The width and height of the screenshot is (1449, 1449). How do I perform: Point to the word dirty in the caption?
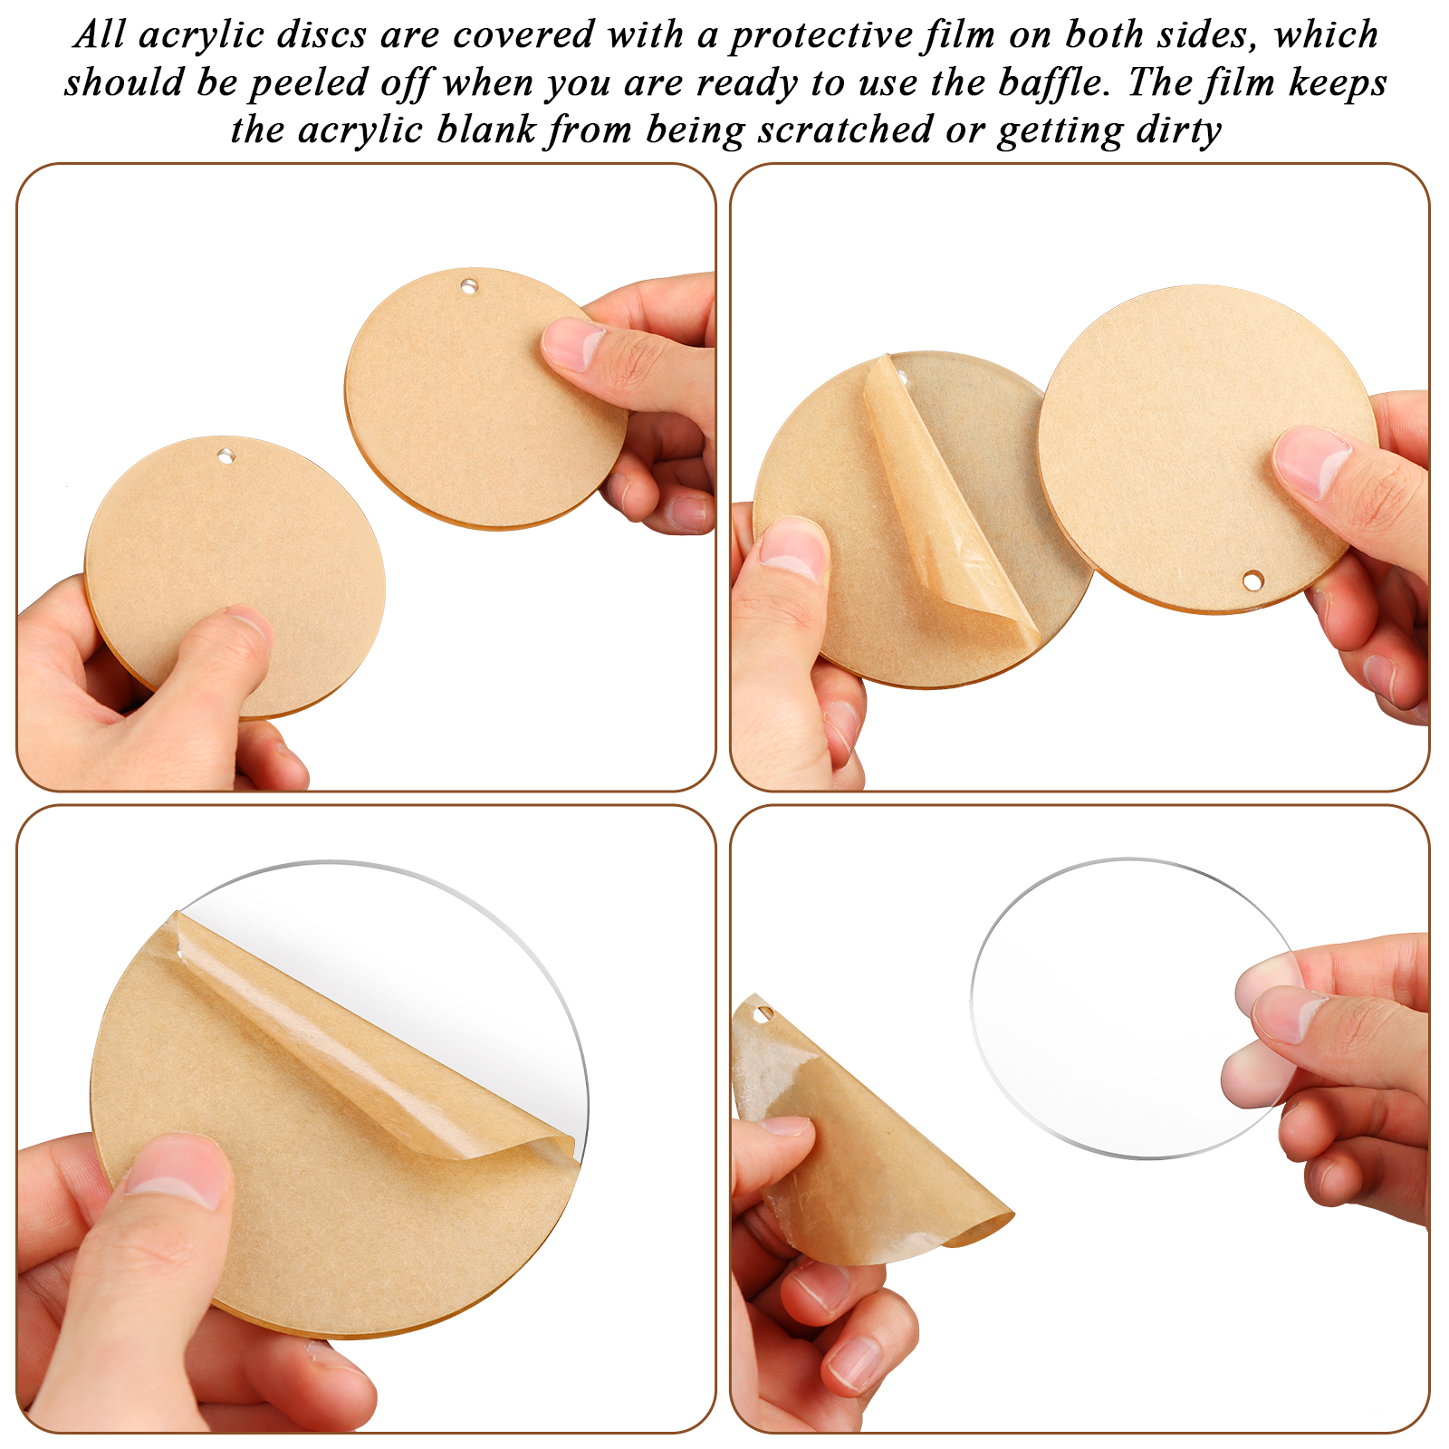click(x=1178, y=131)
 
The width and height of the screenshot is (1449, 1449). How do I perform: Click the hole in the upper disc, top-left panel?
click(x=468, y=286)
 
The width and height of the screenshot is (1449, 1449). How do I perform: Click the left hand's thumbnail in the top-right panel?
click(x=794, y=551)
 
